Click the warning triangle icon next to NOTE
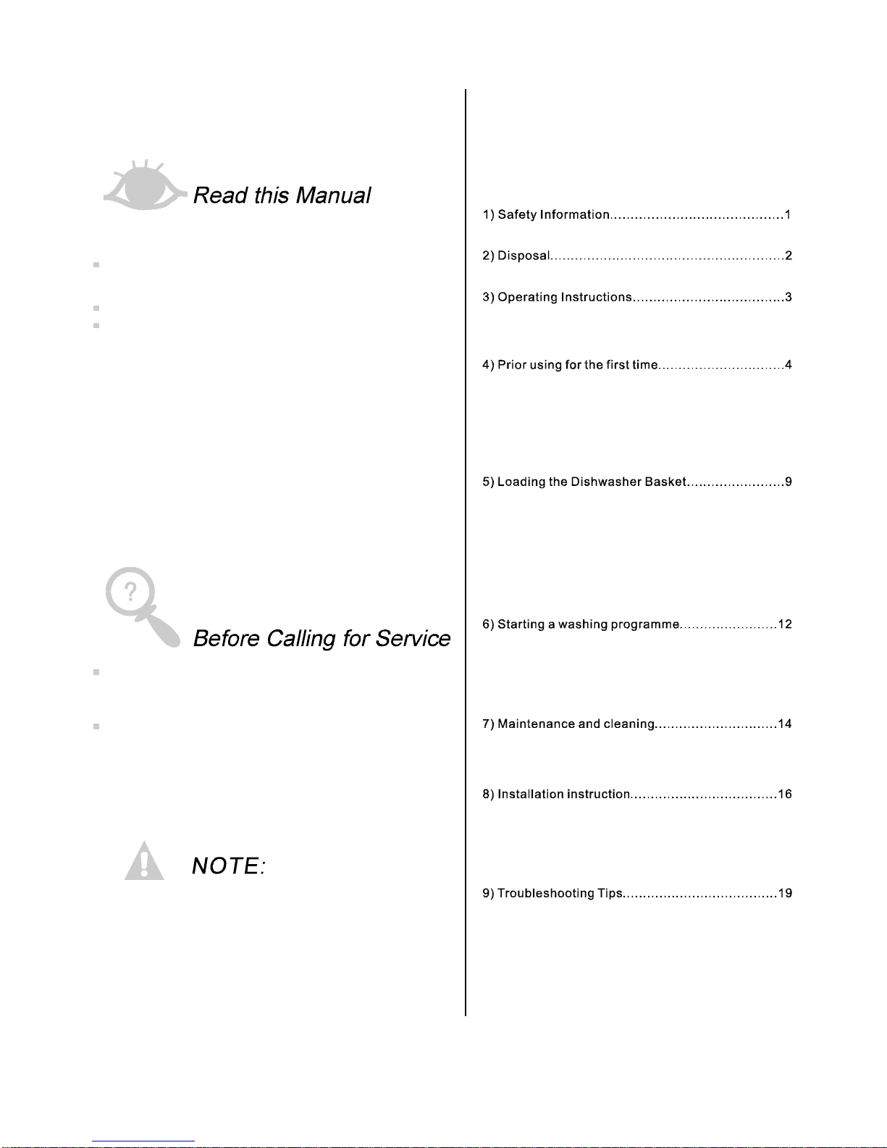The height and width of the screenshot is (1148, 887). click(x=144, y=862)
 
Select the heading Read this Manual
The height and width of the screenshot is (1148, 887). click(x=282, y=196)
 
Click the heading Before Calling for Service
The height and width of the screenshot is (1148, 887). click(x=321, y=639)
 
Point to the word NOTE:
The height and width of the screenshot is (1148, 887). click(x=229, y=866)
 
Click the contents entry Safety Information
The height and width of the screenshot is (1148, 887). click(x=553, y=214)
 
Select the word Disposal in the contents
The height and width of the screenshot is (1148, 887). click(x=524, y=256)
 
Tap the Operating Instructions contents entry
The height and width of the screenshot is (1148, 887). click(x=565, y=297)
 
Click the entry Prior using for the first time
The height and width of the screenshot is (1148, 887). click(x=577, y=365)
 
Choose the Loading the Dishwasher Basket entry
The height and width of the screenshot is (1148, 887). click(x=591, y=482)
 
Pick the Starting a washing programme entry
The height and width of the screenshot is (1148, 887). click(x=588, y=624)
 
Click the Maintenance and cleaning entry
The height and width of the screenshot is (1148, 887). click(x=576, y=724)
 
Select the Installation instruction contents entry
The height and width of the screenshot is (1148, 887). click(x=563, y=795)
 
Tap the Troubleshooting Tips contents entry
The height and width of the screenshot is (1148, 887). click(x=560, y=894)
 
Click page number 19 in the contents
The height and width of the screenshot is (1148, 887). click(x=785, y=894)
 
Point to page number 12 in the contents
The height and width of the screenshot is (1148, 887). click(x=785, y=624)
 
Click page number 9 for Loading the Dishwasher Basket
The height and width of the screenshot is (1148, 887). click(x=789, y=482)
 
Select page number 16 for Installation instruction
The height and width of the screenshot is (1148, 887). click(x=785, y=795)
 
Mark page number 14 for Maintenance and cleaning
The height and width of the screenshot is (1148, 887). click(x=785, y=724)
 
